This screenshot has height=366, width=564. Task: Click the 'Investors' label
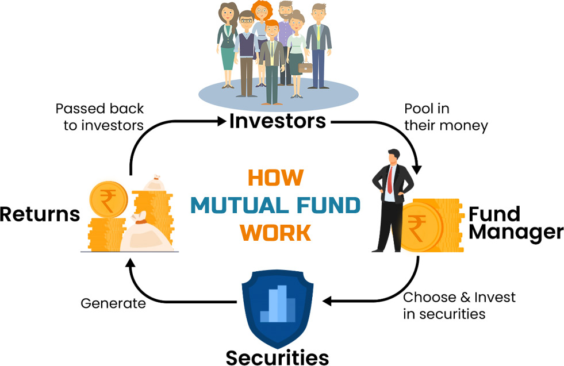[x=278, y=121]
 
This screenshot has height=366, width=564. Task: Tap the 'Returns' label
[x=39, y=214]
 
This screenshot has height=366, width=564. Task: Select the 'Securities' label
[x=277, y=357]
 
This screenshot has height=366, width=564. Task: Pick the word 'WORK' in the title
[x=275, y=232]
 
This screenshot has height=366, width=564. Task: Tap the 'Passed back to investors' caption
[x=99, y=117]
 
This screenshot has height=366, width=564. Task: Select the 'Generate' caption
[x=113, y=303]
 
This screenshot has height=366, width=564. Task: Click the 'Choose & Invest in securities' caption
[x=459, y=306]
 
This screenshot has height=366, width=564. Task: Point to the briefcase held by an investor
[x=306, y=67]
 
